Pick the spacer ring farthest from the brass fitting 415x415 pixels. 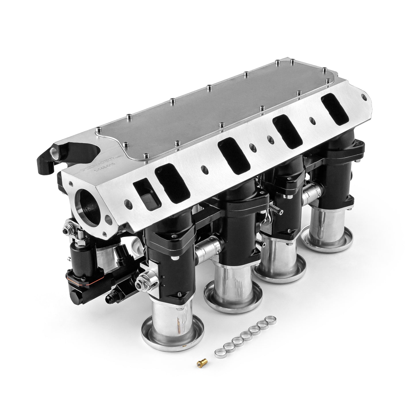(x=270, y=319)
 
